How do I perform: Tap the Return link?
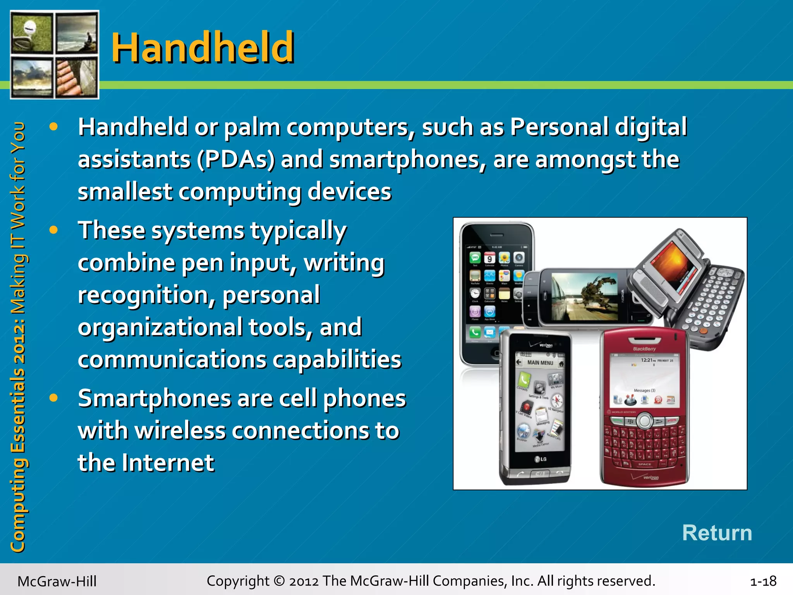[717, 533]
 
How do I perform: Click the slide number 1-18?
[763, 581]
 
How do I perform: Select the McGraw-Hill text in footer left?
[57, 581]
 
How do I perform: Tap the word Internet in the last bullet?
[168, 463]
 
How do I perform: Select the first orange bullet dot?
[53, 126]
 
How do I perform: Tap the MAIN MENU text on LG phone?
[540, 363]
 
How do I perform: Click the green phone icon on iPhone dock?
[475, 332]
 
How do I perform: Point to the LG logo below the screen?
[541, 459]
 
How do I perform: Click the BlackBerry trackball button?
[644, 421]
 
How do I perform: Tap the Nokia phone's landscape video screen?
[584, 296]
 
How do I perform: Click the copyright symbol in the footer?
[279, 581]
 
